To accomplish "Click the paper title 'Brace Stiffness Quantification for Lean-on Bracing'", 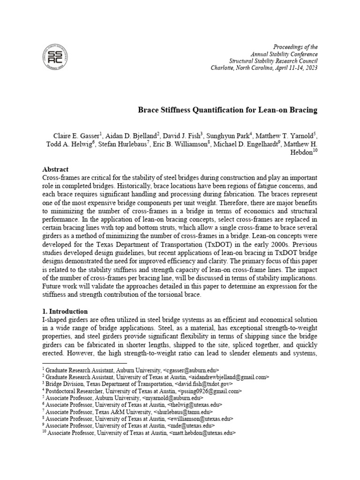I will coord(227,110).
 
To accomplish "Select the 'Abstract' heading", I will coord(55,169).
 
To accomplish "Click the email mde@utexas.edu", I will coord(193,426).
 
